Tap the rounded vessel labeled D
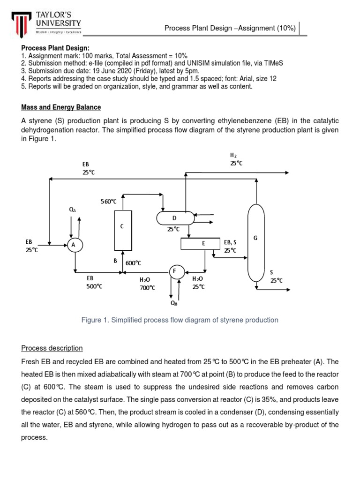point(175,217)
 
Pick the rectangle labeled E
point(200,244)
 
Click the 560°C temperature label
point(108,202)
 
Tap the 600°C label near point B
point(133,263)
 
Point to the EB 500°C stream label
point(94,282)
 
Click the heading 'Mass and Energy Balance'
point(60,107)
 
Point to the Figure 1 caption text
point(180,320)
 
